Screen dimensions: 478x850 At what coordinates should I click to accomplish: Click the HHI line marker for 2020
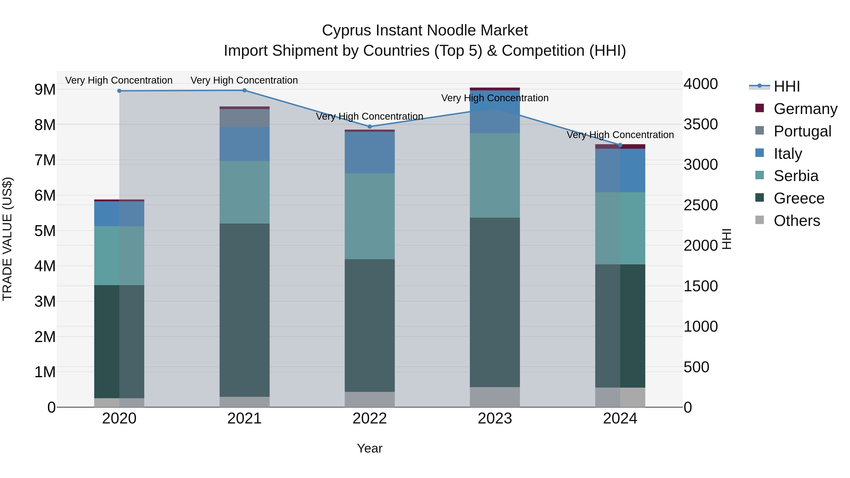119,91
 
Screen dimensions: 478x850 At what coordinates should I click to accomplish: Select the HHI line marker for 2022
370,127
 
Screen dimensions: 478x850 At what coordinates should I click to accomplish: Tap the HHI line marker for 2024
620,145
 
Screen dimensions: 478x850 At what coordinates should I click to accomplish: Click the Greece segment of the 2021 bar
245,310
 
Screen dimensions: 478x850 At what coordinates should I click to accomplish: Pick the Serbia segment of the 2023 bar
495,175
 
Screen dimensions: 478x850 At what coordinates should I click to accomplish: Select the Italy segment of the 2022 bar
370,152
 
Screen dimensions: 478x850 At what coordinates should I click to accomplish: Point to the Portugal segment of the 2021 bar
245,118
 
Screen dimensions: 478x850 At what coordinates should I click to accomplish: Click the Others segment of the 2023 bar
495,397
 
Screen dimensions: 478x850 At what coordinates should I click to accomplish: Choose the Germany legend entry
805,109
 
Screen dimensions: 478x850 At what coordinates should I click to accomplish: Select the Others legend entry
797,221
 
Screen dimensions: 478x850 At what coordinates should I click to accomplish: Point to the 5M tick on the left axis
45,231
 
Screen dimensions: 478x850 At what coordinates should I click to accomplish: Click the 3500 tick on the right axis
700,124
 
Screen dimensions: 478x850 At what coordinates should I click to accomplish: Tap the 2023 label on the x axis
495,419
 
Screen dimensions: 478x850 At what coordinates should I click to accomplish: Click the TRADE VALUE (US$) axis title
7,239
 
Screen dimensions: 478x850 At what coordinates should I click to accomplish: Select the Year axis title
370,448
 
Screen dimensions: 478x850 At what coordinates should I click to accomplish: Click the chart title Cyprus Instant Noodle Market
425,30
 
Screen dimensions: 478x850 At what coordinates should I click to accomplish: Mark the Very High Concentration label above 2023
495,98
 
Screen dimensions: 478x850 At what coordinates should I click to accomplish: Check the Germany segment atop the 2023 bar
495,89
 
